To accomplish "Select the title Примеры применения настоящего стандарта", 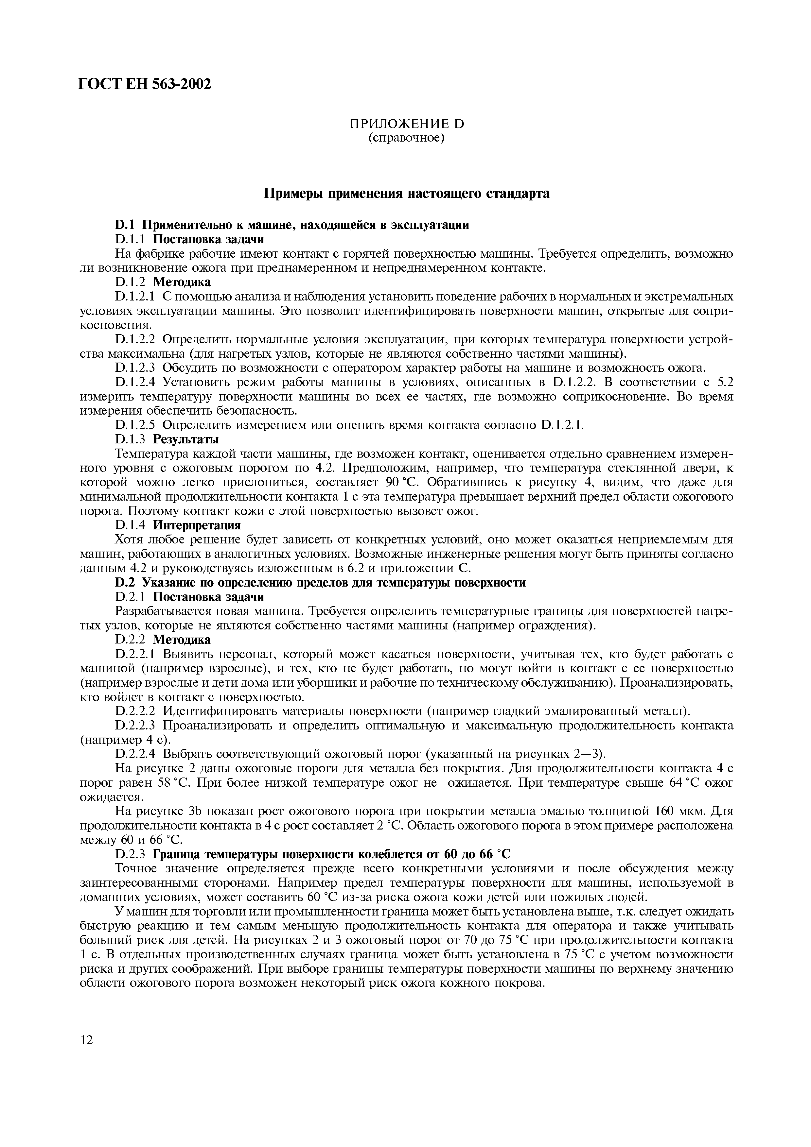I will click(x=406, y=193).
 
